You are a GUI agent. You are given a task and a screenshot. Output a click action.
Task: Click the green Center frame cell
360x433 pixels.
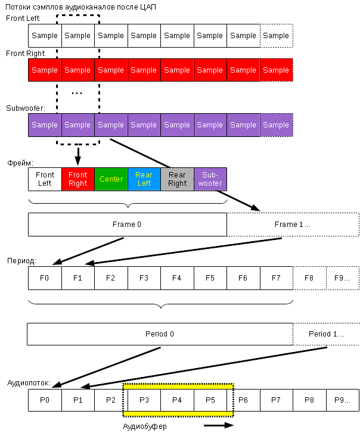coord(111,179)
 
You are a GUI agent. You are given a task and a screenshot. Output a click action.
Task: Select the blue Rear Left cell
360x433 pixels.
coord(144,179)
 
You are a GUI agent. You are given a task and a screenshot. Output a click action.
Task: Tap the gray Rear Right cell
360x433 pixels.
coord(177,179)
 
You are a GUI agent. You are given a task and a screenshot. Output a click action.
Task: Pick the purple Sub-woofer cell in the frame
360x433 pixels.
coord(210,179)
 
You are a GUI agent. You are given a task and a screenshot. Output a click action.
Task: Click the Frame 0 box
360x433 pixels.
coord(127,225)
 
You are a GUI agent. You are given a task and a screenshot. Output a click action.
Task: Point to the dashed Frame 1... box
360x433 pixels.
coord(293,225)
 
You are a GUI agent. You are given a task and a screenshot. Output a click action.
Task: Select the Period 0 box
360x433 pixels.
coord(160,334)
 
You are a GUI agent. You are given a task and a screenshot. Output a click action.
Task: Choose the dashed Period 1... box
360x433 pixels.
coord(326,334)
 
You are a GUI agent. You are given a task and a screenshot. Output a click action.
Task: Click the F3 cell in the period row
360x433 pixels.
coord(144,278)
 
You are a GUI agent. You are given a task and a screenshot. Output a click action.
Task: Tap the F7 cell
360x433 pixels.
coord(276,278)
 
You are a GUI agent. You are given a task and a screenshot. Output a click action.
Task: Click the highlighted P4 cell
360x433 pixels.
coord(177,400)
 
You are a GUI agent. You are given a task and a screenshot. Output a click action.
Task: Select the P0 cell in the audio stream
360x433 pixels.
coord(45,400)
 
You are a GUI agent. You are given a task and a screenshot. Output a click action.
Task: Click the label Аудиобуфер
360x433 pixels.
coord(145,426)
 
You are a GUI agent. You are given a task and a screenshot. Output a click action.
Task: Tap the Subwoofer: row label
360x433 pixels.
coord(26,108)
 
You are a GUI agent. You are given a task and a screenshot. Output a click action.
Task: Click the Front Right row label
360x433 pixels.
coord(25,54)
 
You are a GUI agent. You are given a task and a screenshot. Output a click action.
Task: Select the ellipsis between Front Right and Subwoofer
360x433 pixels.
coord(77,93)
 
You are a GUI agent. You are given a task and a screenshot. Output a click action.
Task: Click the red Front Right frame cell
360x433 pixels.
coord(77,179)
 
